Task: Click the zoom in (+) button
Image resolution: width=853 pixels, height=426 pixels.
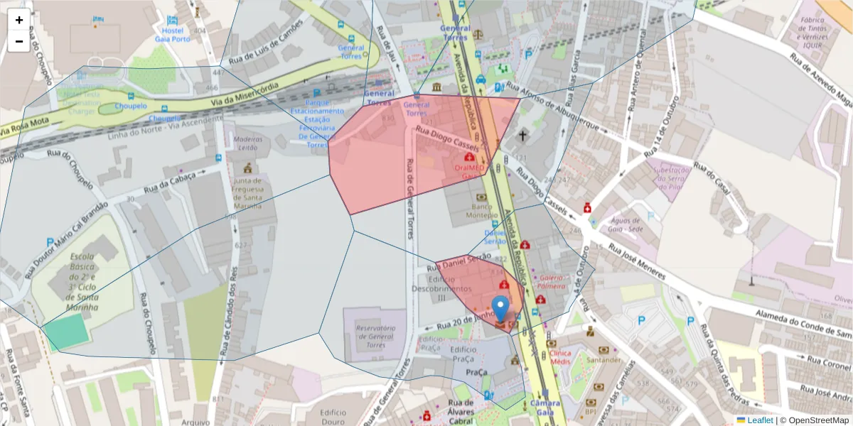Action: [19, 20]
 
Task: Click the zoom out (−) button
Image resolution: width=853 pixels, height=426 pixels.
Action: [19, 41]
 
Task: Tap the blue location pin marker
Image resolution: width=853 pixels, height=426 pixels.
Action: [501, 310]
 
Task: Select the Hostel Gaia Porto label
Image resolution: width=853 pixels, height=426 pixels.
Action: [173, 34]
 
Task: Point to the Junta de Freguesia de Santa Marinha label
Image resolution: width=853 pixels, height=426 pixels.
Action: [248, 193]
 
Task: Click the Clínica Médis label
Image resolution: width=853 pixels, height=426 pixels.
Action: [560, 357]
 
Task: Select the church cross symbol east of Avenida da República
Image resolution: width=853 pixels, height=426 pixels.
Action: [523, 135]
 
